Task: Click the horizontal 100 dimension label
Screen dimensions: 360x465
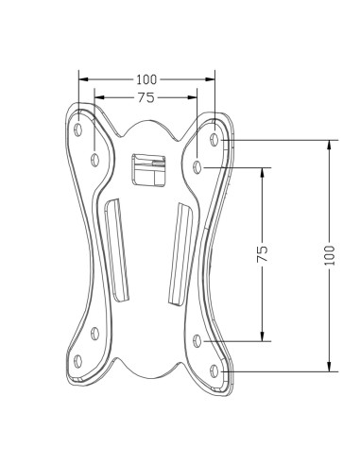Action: pyautogui.click(x=146, y=79)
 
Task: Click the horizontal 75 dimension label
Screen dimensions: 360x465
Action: pyautogui.click(x=146, y=97)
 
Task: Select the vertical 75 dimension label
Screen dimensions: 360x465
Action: pyautogui.click(x=263, y=253)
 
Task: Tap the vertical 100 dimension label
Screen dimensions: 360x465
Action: pyautogui.click(x=330, y=255)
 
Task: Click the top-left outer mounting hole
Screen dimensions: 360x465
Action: pyautogui.click(x=78, y=129)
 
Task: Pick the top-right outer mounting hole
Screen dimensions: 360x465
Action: pyautogui.click(x=214, y=139)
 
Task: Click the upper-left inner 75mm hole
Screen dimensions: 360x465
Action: pyautogui.click(x=94, y=160)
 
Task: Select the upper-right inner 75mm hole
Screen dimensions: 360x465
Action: pyautogui.click(x=197, y=167)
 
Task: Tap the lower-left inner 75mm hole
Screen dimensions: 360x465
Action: pyautogui.click(x=94, y=334)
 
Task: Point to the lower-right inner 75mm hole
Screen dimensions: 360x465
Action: pyautogui.click(x=197, y=341)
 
